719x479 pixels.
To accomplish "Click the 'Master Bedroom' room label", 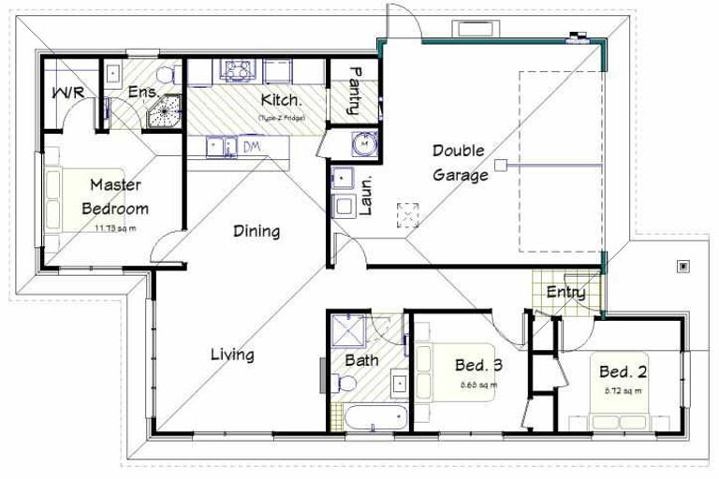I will tap(115, 196).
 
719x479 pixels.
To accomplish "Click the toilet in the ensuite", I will tap(167, 75).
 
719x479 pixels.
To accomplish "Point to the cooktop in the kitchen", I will tap(234, 69).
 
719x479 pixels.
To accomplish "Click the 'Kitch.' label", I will tap(280, 99).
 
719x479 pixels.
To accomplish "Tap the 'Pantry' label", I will tap(355, 91).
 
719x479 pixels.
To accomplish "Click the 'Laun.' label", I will tap(366, 196).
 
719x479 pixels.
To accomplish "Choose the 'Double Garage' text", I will tap(460, 162).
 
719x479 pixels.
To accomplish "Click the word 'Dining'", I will tap(256, 231).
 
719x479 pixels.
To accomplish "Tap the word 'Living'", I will tap(231, 355).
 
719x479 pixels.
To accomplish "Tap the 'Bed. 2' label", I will tap(623, 371).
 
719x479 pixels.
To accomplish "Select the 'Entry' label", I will tap(566, 293).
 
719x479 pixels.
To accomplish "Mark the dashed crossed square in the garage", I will tap(408, 214).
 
